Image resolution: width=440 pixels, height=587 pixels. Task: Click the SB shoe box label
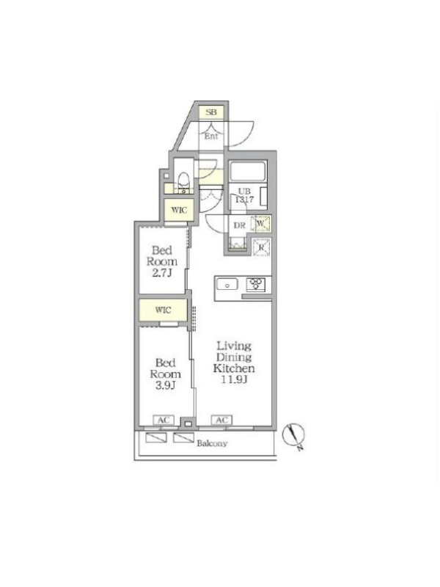pos(211,112)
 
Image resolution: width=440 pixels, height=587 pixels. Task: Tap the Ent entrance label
pos(211,136)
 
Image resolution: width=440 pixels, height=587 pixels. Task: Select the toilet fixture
pos(184,181)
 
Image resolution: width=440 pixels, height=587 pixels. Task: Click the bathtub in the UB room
pos(248,172)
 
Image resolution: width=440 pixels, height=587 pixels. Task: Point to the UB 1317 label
pos(244,196)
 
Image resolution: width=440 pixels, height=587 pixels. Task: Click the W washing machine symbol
pos(262,224)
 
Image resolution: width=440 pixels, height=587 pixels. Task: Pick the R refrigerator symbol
pos(262,247)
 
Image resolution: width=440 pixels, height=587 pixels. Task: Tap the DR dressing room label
pos(240,225)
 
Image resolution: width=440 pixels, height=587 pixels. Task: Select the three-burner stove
pos(256,284)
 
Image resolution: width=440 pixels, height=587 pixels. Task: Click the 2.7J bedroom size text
pos(162,273)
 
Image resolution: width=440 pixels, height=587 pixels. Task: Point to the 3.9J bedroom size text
pos(166,385)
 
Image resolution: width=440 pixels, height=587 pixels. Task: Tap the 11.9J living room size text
pos(235,379)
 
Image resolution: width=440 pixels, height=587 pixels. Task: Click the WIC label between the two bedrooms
pos(163,310)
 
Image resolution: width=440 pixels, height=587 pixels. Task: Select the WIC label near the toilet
pos(179,210)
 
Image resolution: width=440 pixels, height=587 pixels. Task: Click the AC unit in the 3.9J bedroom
pos(164,420)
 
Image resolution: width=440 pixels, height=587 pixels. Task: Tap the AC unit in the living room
pos(222,420)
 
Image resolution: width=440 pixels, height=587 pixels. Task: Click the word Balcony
pos(212,443)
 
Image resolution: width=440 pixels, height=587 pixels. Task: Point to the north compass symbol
pos(294,435)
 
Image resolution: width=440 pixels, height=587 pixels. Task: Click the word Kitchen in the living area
pos(234,368)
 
